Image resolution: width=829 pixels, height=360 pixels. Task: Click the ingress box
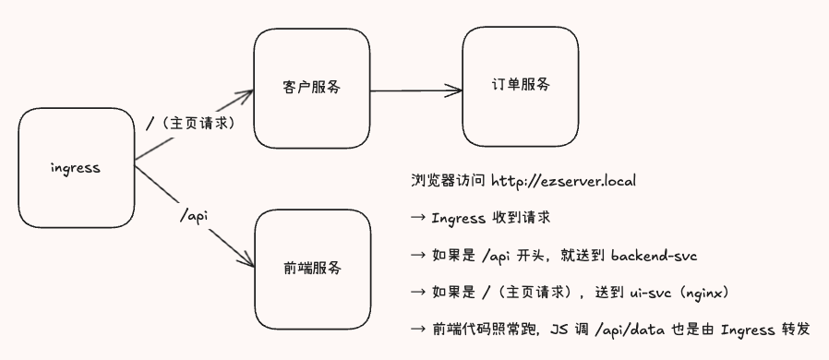point(76,168)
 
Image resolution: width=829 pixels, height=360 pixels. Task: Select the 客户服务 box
point(310,88)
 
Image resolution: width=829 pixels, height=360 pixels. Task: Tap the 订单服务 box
point(521,85)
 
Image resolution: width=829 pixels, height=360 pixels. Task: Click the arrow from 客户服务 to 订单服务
point(415,90)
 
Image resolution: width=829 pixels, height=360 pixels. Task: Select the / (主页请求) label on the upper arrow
point(190,121)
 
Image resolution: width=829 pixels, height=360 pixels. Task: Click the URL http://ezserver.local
point(563,179)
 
